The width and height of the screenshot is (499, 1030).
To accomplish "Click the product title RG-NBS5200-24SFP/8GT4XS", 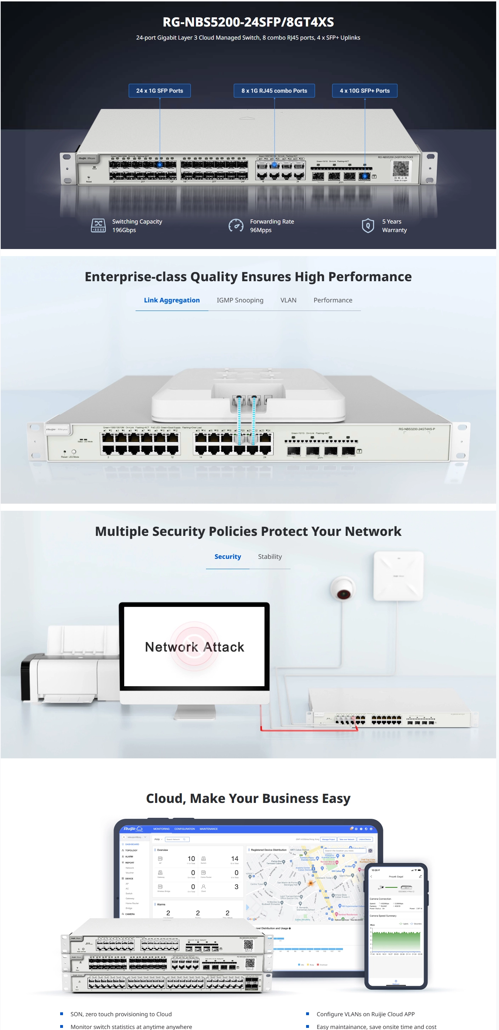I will [x=248, y=22].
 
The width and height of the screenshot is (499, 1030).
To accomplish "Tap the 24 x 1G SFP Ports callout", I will [x=159, y=91].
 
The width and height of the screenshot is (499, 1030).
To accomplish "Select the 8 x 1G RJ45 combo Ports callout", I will [x=274, y=91].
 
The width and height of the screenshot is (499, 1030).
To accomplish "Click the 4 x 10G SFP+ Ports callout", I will [x=364, y=91].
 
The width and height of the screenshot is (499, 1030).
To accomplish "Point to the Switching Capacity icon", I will [x=98, y=226].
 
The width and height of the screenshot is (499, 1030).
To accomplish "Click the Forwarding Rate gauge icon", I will [x=236, y=226].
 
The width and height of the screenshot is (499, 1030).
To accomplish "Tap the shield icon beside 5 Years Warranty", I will [x=368, y=226].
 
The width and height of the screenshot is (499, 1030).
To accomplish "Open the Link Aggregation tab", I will [x=172, y=300].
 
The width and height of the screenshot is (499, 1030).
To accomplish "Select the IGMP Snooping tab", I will [x=240, y=300].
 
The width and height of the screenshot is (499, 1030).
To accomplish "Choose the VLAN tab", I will [x=288, y=300].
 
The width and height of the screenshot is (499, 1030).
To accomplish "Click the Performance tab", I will [x=333, y=300].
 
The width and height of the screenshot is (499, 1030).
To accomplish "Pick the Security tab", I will [x=227, y=557].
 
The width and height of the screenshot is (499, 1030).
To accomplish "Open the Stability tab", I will [x=270, y=557].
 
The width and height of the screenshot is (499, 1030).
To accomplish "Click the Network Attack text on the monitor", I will [x=195, y=647].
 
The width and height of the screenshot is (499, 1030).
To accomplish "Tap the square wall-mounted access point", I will [x=398, y=576].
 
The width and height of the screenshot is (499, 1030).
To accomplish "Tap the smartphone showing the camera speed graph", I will [x=396, y=926].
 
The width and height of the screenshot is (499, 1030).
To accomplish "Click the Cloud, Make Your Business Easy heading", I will [x=248, y=798].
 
